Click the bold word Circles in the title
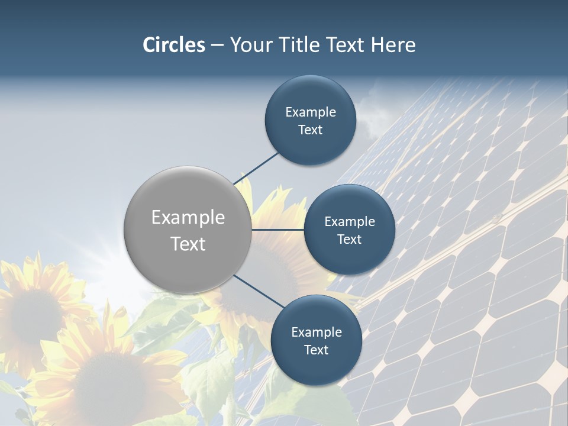click(x=174, y=45)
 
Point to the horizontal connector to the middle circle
click(x=277, y=230)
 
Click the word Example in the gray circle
click(x=188, y=218)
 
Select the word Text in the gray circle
click(x=188, y=244)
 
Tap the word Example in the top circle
click(x=311, y=112)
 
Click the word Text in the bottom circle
click(x=316, y=350)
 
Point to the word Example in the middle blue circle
click(x=350, y=222)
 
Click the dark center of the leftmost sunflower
click(x=35, y=314)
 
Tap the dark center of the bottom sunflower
click(x=109, y=385)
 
